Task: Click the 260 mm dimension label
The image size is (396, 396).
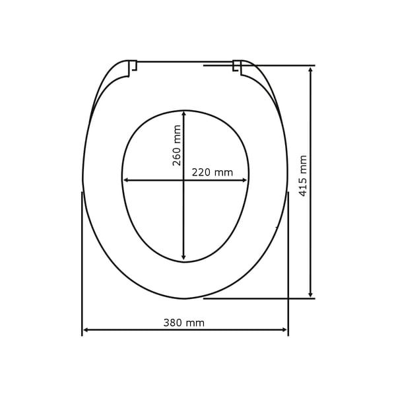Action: [176, 145]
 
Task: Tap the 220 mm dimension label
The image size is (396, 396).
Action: [212, 172]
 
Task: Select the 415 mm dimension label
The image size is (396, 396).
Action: [302, 176]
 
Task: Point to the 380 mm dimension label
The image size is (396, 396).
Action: [184, 323]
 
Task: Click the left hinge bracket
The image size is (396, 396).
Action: [133, 67]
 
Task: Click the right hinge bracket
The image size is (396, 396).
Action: [237, 67]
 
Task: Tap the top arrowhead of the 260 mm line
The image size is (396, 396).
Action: [184, 114]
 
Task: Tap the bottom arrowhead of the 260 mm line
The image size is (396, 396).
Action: [184, 257]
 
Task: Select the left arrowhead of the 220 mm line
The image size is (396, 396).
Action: [126, 180]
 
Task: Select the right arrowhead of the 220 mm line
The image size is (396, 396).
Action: [244, 180]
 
